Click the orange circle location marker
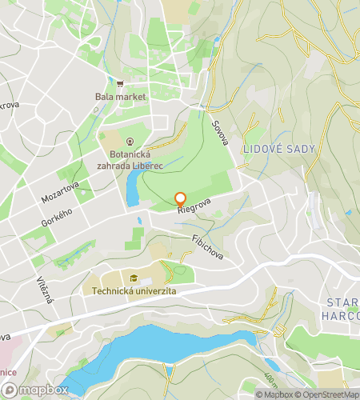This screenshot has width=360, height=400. [180, 198]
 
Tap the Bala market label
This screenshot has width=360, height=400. [120, 97]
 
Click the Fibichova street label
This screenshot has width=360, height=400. [207, 246]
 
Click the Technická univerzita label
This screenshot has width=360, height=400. [134, 292]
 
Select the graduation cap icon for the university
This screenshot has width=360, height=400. [134, 278]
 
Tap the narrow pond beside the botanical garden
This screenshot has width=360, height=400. [131, 189]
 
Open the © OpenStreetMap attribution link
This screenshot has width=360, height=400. [328, 394]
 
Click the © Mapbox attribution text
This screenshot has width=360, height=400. [275, 394]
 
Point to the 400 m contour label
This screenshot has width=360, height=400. [270, 376]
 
